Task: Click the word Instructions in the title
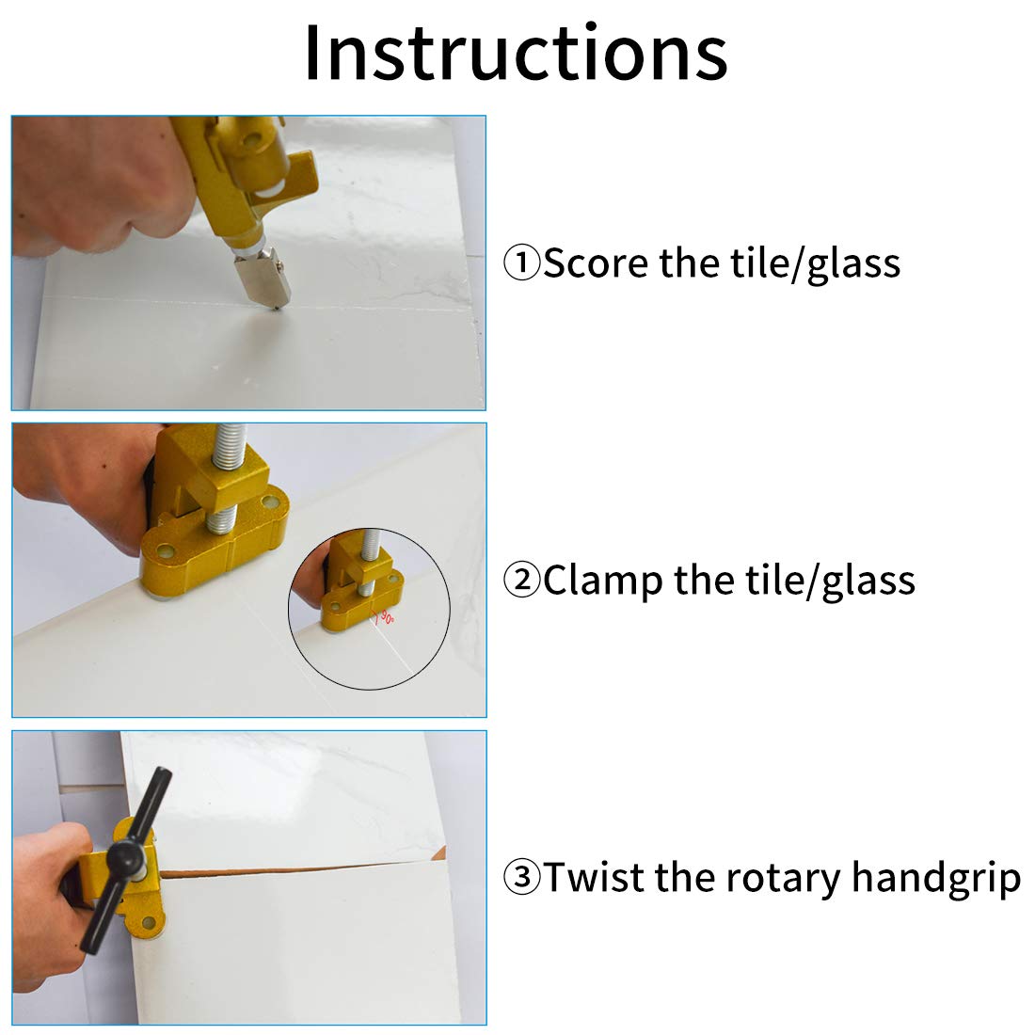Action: click(516, 53)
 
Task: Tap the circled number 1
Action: click(521, 263)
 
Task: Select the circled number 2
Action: click(521, 580)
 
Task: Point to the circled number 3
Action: click(521, 877)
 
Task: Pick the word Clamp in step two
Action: click(602, 580)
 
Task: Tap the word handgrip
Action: click(936, 879)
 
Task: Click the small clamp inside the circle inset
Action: click(361, 581)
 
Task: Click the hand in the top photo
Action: click(99, 188)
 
